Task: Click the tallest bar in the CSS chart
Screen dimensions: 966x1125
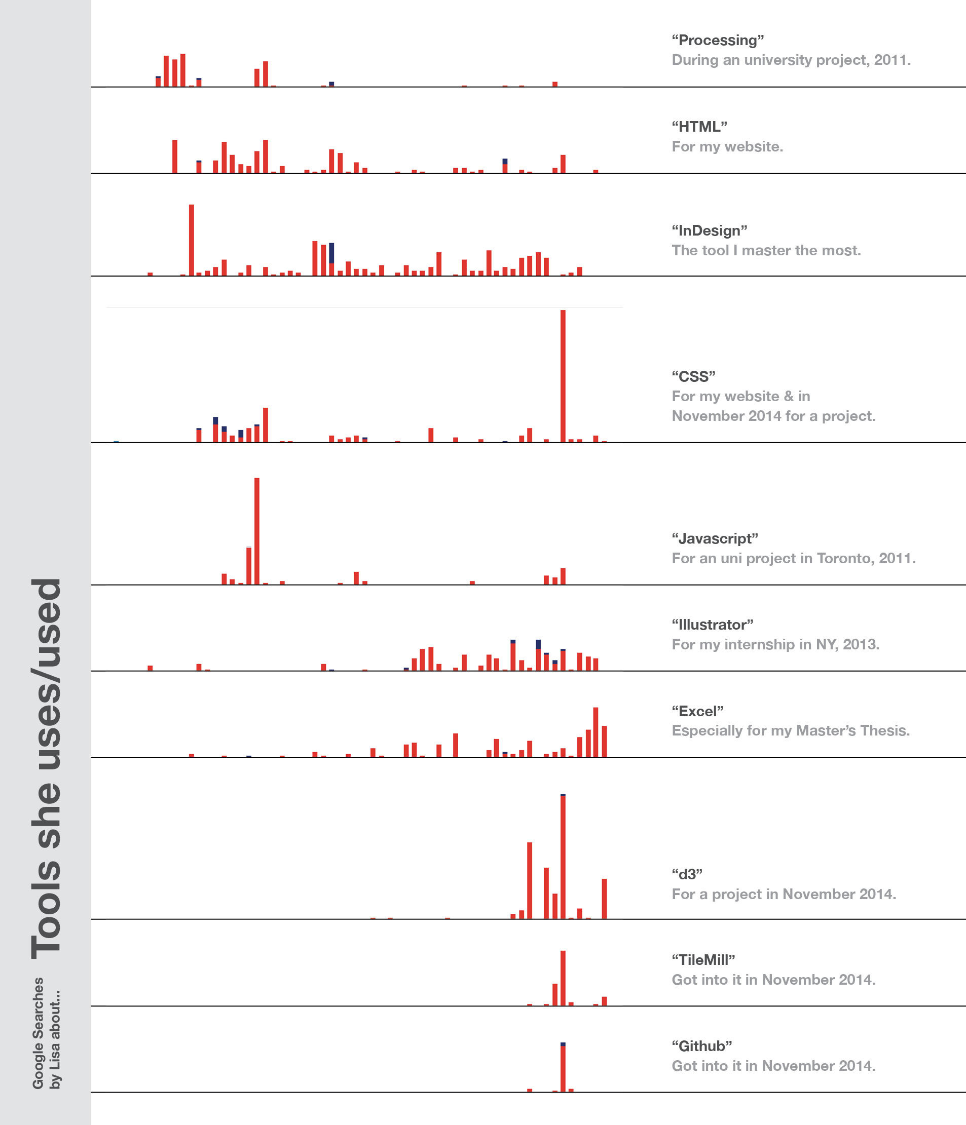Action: coord(563,376)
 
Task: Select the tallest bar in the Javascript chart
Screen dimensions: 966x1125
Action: coord(257,531)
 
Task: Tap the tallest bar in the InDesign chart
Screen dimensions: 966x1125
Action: coord(191,240)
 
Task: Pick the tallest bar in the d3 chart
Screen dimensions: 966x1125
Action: coord(563,856)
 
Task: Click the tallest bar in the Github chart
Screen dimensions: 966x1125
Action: coord(563,1067)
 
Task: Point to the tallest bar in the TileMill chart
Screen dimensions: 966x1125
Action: coord(563,978)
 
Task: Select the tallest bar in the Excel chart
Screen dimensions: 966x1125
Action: coord(596,732)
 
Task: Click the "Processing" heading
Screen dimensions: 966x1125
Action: coord(718,40)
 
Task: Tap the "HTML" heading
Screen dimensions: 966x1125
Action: coord(699,127)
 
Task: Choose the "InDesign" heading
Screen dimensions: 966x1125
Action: coord(710,231)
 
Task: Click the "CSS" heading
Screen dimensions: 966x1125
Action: coord(693,376)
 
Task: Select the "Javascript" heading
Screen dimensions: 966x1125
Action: coord(715,538)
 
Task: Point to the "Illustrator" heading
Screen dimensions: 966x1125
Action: coord(712,625)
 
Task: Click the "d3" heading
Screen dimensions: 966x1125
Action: coord(687,874)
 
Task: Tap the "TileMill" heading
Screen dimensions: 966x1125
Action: coord(703,960)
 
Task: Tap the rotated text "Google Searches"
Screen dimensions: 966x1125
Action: coord(38,1033)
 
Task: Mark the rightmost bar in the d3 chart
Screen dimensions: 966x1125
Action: coord(604,899)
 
